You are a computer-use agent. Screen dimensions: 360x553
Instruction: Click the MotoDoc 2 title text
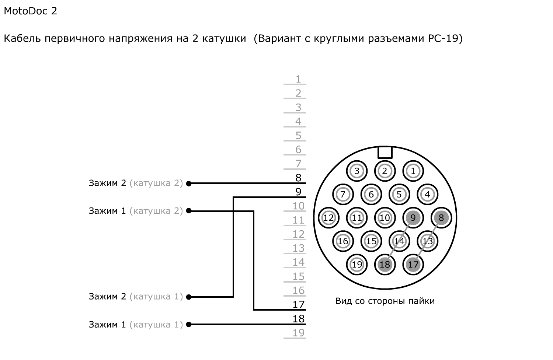pyautogui.click(x=30, y=11)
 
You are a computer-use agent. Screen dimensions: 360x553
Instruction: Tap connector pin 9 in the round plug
pyautogui.click(x=413, y=218)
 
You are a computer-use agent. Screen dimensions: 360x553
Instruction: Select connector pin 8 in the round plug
pyautogui.click(x=441, y=218)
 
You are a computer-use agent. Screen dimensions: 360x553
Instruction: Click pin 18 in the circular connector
pyautogui.click(x=385, y=264)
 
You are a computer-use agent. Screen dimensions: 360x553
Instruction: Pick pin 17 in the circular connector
pyautogui.click(x=413, y=264)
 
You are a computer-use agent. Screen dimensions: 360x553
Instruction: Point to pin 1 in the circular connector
pyautogui.click(x=413, y=171)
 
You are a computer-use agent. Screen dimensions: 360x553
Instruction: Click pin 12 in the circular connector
pyautogui.click(x=328, y=218)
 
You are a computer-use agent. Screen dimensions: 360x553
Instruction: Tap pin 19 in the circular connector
pyautogui.click(x=357, y=264)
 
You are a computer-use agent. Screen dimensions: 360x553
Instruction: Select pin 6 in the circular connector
pyautogui.click(x=371, y=194)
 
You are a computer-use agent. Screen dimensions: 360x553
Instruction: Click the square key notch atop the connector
pyautogui.click(x=385, y=152)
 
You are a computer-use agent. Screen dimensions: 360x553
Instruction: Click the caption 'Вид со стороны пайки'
pyautogui.click(x=385, y=301)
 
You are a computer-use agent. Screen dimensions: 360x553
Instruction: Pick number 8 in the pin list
pyautogui.click(x=298, y=178)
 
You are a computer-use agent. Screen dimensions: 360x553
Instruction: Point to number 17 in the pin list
pyautogui.click(x=298, y=304)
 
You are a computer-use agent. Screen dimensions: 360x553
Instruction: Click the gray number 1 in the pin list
pyautogui.click(x=298, y=79)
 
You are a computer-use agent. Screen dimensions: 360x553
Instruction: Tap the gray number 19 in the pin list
pyautogui.click(x=298, y=333)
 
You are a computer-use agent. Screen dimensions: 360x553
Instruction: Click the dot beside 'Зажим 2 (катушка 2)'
pyautogui.click(x=189, y=183)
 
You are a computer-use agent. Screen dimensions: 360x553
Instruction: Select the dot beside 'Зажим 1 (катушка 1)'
pyautogui.click(x=189, y=325)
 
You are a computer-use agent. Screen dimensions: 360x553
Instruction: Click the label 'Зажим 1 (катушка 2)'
pyautogui.click(x=136, y=211)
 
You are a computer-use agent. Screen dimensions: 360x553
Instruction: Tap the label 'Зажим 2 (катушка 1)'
pyautogui.click(x=136, y=296)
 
